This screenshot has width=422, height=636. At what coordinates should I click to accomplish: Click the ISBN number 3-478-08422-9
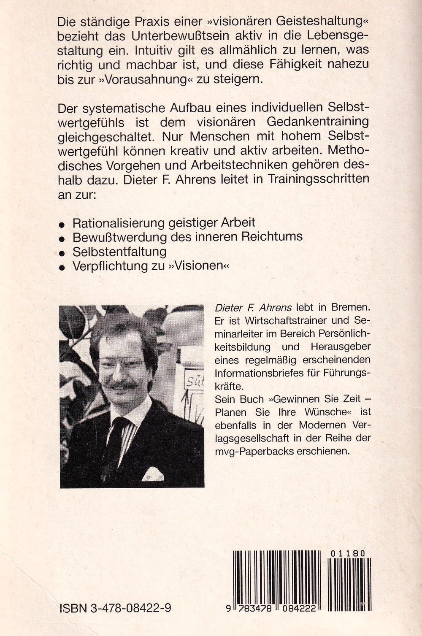(x=115, y=608)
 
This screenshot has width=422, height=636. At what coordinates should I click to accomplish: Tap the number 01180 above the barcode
(x=348, y=553)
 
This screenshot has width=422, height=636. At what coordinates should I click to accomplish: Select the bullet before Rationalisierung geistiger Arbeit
(x=62, y=224)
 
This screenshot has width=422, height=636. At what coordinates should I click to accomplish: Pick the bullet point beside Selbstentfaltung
(x=62, y=253)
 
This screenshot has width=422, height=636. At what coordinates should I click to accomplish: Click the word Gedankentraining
(x=318, y=122)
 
